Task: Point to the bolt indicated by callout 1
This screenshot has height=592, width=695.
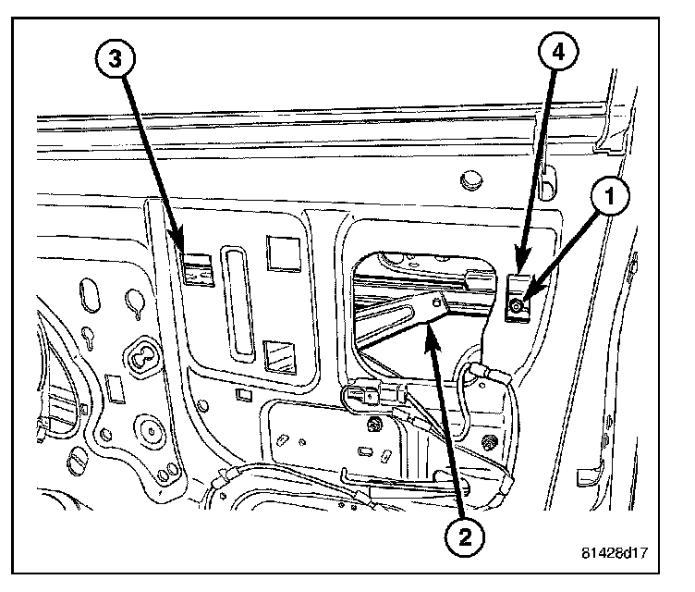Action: (x=518, y=306)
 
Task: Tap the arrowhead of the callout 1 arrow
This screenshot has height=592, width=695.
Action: (x=526, y=302)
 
